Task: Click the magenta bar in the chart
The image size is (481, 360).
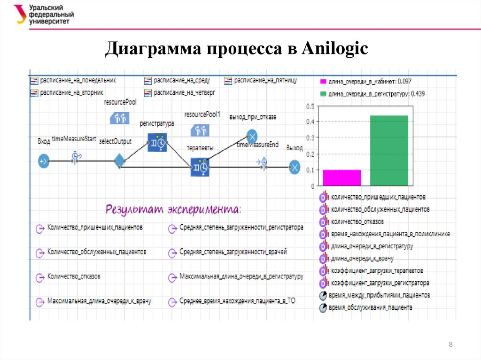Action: [341, 177]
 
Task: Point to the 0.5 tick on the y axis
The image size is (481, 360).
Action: [310, 106]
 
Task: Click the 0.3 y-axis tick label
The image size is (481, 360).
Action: [310, 138]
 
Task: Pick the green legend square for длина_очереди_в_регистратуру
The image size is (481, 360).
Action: [323, 93]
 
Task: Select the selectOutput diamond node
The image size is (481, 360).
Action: [119, 161]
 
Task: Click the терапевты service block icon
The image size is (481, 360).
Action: [200, 167]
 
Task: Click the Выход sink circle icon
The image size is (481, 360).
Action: [295, 167]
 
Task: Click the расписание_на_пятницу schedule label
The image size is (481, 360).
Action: [265, 81]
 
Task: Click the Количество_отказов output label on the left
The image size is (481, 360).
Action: [74, 276]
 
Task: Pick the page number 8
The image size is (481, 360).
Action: [451, 345]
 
